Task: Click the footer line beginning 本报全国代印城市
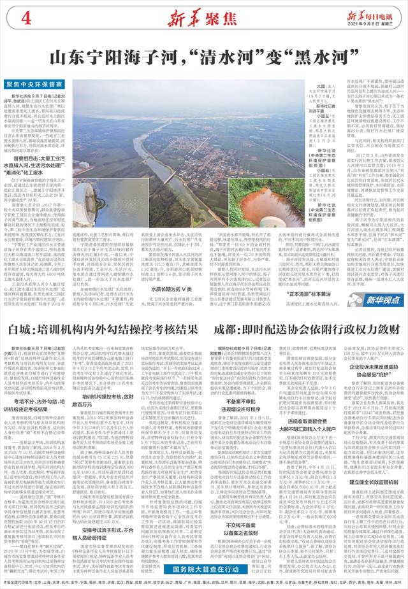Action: pos(204,581)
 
